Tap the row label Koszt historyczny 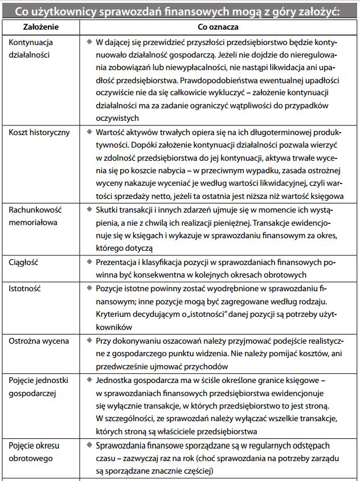pyautogui.click(x=39, y=132)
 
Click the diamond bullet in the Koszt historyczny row pyautogui.click(x=89, y=132)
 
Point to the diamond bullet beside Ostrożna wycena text pyautogui.click(x=89, y=341)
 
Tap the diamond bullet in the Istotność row pyautogui.click(x=89, y=288)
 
